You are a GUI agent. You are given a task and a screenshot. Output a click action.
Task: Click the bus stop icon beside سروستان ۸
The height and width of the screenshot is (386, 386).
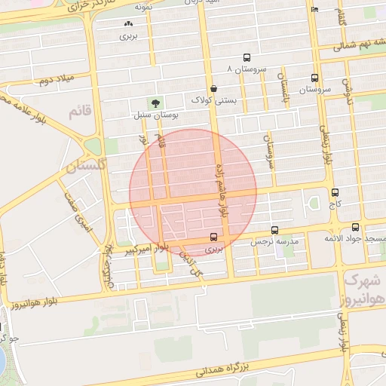coord(247,58)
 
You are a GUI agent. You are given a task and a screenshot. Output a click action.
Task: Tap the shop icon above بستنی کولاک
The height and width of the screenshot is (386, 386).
coord(214,88)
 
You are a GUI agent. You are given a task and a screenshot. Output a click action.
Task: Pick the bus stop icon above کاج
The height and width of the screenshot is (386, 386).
coord(335,192)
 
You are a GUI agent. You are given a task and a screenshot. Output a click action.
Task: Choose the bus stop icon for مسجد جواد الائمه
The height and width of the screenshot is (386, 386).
coord(355,228)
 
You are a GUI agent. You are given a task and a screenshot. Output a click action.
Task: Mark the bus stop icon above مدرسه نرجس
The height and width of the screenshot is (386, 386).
coord(274,231)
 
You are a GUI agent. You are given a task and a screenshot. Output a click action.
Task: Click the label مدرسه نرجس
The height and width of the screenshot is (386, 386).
coord(280,242)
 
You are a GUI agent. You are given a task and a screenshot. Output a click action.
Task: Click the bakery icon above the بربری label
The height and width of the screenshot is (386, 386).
coord(127,25)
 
